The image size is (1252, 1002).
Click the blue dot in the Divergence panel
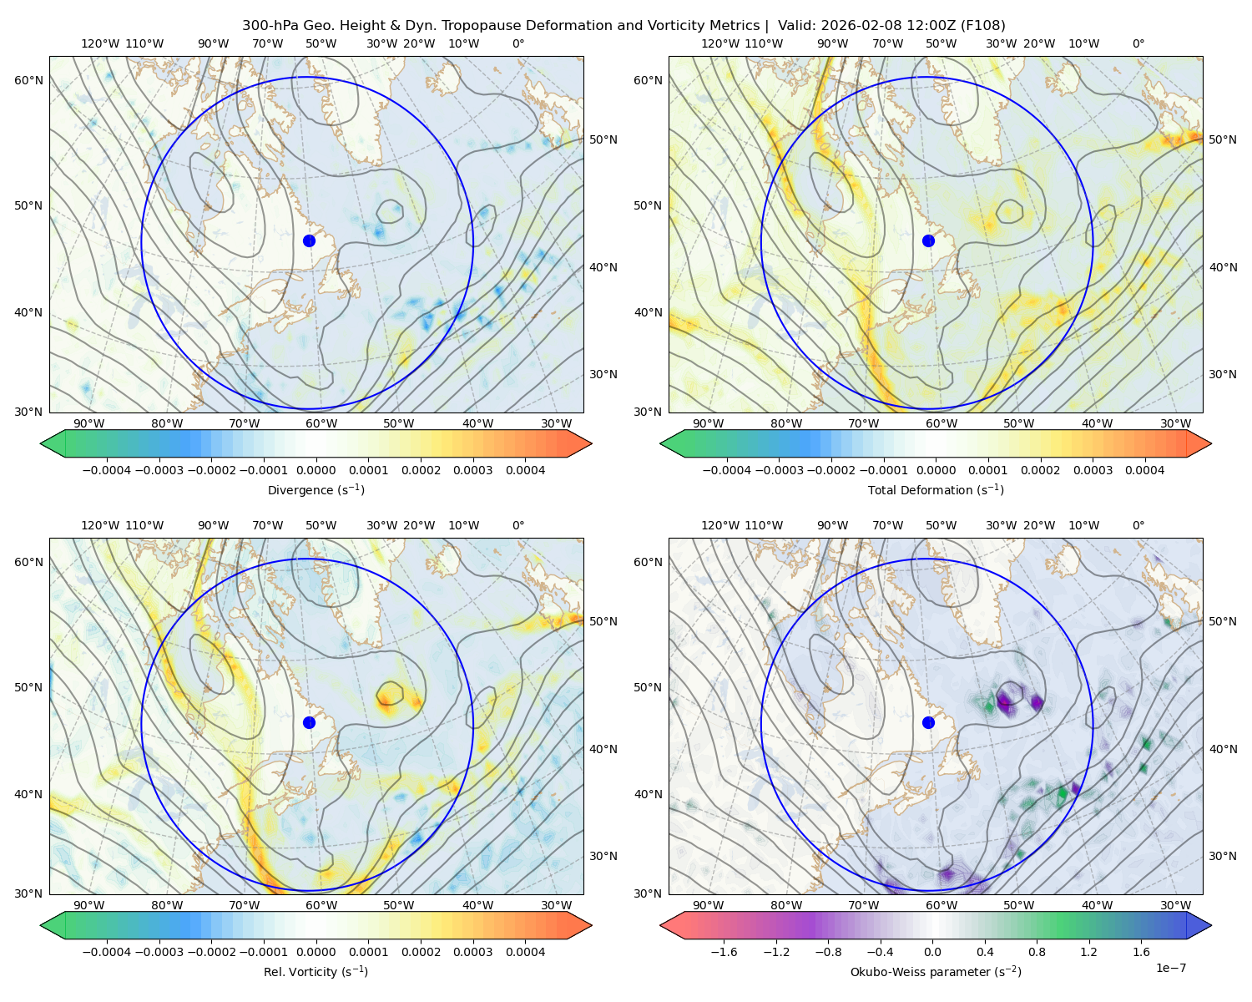point(309,240)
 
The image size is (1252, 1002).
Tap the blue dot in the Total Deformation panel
point(928,240)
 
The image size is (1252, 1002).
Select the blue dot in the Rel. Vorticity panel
point(309,722)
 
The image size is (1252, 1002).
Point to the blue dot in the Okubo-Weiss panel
point(928,722)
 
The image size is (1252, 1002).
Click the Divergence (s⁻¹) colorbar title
point(316,489)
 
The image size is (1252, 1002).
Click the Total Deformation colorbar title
point(936,489)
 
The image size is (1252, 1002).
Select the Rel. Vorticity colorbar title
point(316,971)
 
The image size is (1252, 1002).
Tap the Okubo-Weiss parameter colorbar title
point(936,971)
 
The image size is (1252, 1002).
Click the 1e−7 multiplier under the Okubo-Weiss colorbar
point(1170,968)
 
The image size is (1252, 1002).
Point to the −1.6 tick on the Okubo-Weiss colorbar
point(724,951)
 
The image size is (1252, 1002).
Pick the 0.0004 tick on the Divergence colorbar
point(525,470)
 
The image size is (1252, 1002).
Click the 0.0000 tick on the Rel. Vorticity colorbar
point(316,951)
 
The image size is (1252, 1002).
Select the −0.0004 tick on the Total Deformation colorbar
point(727,470)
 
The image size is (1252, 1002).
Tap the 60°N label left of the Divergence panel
point(28,80)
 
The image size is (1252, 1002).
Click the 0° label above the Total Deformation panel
point(1138,43)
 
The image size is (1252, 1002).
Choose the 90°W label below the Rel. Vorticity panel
point(89,905)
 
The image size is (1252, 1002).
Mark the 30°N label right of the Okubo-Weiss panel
point(1223,855)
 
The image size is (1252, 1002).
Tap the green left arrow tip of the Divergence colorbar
point(41,443)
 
